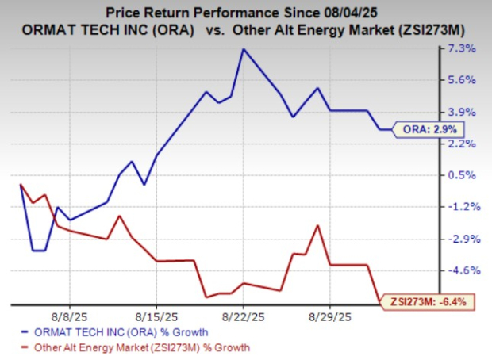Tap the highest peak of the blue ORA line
pos(243,49)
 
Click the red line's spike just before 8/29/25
pos(317,226)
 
